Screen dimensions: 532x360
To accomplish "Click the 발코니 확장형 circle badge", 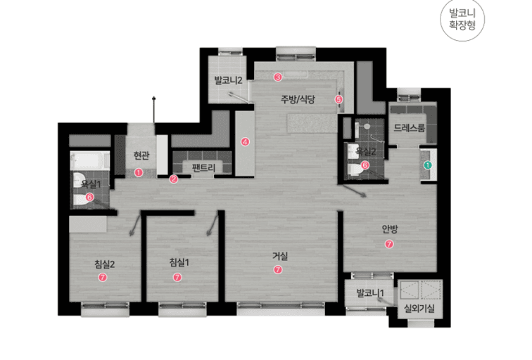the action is (462, 19).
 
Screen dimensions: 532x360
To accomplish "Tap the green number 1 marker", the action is (428, 165).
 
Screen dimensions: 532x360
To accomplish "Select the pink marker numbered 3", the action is (278, 77).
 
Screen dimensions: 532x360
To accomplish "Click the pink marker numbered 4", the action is (245, 142).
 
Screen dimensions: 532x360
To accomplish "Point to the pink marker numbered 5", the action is (338, 99).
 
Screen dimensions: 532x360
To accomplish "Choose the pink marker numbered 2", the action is (173, 179).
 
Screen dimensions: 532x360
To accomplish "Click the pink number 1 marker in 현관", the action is (139, 172).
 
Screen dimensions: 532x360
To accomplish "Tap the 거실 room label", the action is (280, 256).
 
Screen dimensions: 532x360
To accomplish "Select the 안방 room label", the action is (390, 229).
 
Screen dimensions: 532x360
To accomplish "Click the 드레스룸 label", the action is (409, 128).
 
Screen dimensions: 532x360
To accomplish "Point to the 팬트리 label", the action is (203, 167).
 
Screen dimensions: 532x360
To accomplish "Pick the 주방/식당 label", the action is (298, 99).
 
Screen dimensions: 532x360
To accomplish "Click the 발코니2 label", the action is (228, 80).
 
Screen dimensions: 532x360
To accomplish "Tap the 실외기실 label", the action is (419, 308).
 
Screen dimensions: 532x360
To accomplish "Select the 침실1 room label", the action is (179, 262).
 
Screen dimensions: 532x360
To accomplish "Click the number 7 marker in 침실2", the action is (103, 277).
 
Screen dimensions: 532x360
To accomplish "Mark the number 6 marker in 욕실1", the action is (89, 197).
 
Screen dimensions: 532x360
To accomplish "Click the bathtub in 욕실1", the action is (89, 161).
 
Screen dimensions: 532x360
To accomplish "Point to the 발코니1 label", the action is (370, 292).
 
